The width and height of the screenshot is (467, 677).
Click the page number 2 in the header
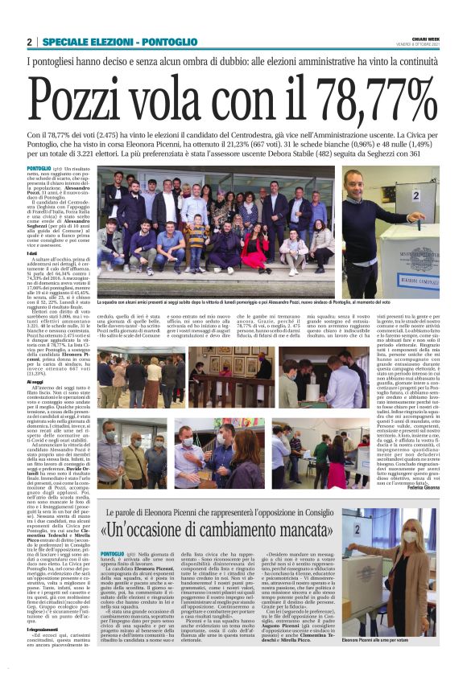30,42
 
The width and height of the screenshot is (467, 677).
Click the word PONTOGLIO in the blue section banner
169,42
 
